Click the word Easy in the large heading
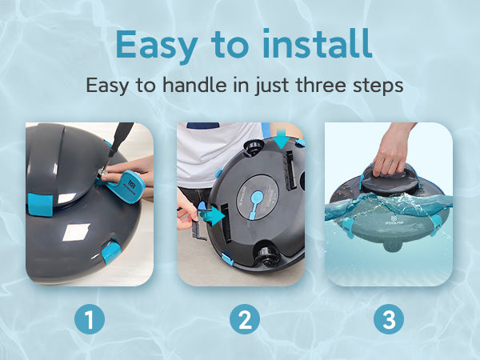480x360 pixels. [157, 46]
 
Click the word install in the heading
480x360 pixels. [318, 43]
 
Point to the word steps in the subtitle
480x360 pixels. [378, 86]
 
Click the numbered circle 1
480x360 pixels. [90, 319]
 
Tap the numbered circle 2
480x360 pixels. [245, 319]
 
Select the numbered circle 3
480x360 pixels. [389, 319]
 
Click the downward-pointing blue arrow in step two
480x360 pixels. [282, 138]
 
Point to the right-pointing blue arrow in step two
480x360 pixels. [215, 215]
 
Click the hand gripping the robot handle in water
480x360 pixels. [390, 151]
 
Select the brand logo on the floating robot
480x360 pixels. [394, 221]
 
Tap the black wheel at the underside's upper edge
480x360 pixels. [254, 147]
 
